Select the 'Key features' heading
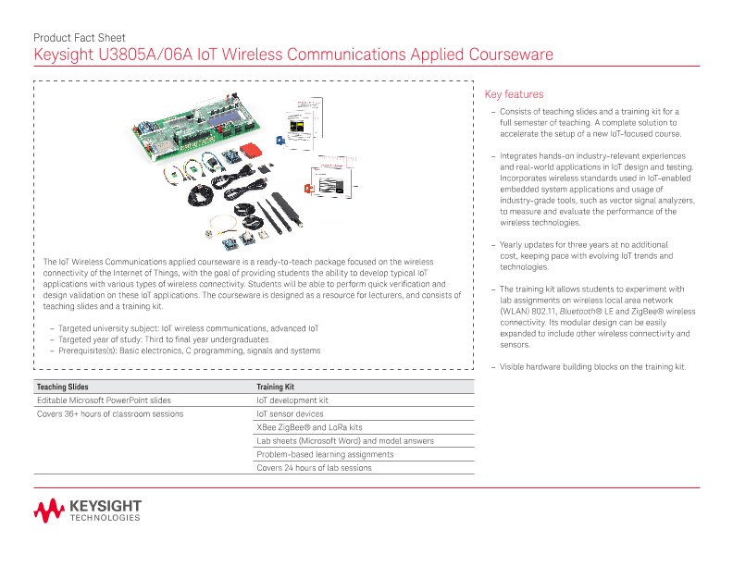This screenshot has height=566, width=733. [514, 94]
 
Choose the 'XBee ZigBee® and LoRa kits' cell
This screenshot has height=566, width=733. [309, 427]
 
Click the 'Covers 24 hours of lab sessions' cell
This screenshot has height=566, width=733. [314, 468]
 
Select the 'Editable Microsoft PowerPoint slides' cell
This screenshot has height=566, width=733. [104, 400]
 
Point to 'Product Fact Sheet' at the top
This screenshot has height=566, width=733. [79, 38]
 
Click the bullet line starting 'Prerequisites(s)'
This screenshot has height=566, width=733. [189, 351]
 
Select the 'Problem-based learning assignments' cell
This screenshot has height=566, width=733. [325, 454]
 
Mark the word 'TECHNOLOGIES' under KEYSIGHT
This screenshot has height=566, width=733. [105, 518]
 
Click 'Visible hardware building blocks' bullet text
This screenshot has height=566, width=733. [592, 367]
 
